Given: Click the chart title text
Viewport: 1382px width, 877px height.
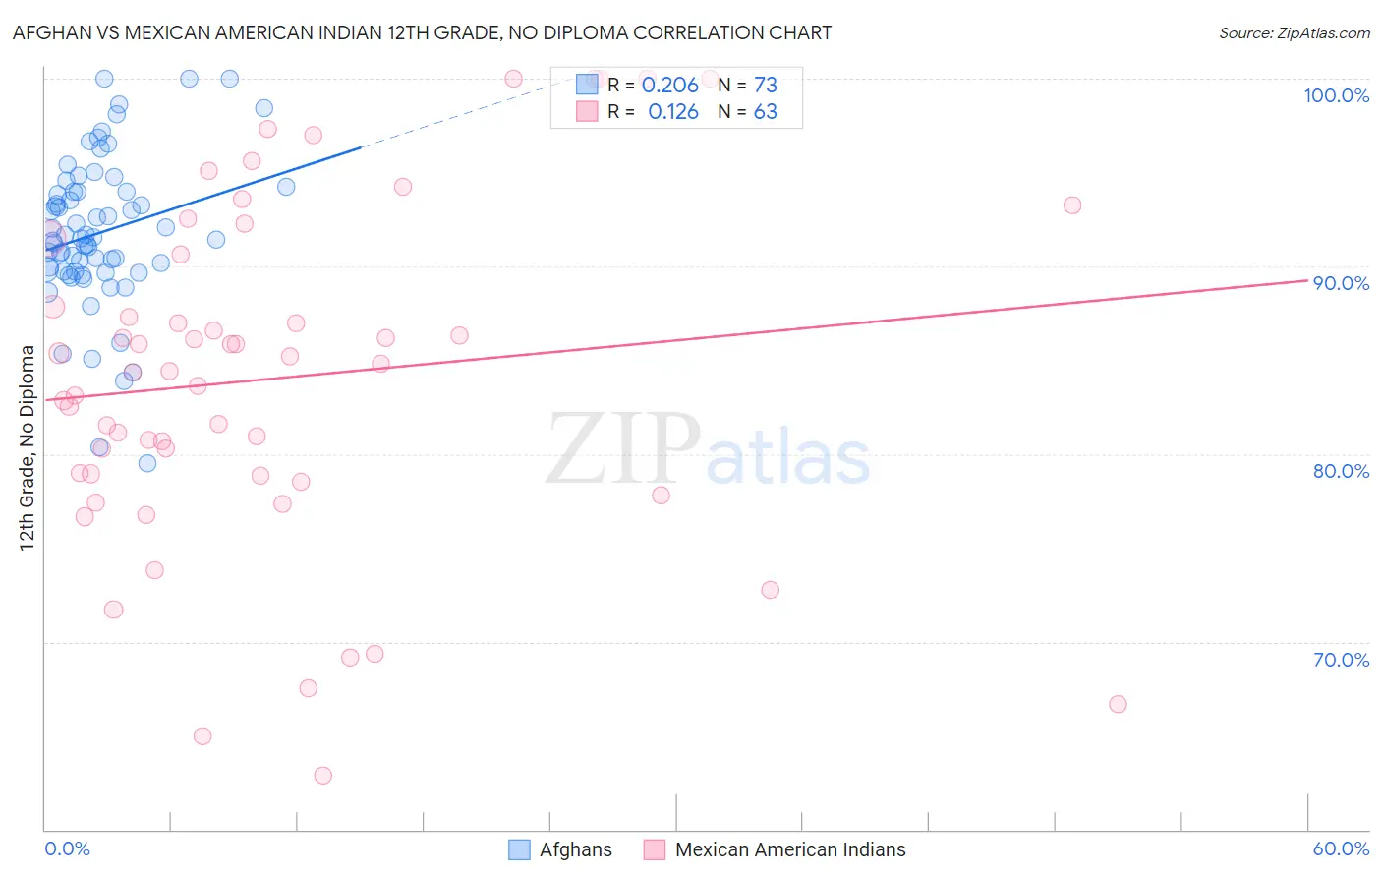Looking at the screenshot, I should click(422, 32).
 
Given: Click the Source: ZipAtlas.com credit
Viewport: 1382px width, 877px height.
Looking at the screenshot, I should click(1294, 32).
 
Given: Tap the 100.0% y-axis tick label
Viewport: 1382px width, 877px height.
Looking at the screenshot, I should click(1336, 95).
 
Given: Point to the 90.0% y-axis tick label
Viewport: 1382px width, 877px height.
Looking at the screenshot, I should click(1341, 283).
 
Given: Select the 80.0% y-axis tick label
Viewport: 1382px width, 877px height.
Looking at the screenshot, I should click(1341, 471).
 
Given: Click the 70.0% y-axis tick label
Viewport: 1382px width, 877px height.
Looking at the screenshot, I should click(1341, 660).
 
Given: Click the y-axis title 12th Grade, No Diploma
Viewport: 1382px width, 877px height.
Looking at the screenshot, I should click(28, 447).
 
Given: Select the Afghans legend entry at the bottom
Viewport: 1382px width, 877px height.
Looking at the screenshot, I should click(575, 849).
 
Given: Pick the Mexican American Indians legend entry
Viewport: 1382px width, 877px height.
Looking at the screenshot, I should click(790, 849).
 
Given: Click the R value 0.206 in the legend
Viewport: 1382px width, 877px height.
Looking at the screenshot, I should click(669, 86).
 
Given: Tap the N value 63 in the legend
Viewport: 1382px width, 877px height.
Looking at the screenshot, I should click(765, 112).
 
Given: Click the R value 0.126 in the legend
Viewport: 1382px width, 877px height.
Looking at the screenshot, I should click(672, 112).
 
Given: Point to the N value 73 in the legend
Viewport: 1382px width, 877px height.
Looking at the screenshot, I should click(765, 86).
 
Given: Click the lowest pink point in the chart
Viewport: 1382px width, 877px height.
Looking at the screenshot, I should click(322, 776).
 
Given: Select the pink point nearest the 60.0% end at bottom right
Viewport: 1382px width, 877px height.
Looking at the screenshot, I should click(1118, 704).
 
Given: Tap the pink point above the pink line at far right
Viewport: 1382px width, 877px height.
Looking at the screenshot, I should click(1072, 205).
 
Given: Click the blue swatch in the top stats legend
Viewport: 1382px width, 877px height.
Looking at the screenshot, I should click(587, 85).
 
